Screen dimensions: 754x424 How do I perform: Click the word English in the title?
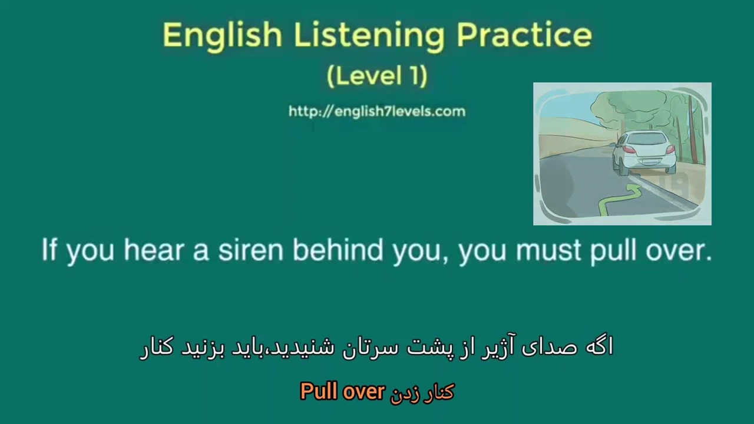point(223,36)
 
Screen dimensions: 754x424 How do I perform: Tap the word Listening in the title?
point(369,36)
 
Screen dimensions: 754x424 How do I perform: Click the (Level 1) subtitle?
point(377,76)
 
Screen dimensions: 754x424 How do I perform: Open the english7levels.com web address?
point(377,111)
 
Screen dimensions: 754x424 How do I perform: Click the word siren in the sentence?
point(251,250)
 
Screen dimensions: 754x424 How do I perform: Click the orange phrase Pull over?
point(342,392)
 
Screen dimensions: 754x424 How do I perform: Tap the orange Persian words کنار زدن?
point(422,393)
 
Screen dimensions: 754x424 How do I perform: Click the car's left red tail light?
point(628,150)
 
